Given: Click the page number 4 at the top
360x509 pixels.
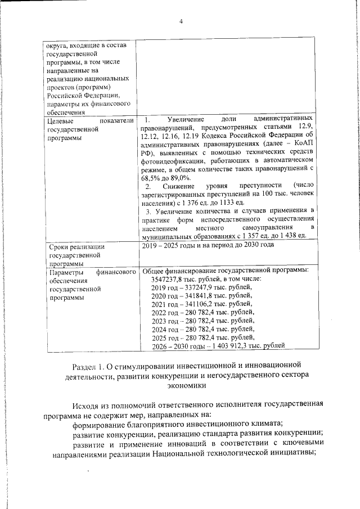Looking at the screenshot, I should (181, 21).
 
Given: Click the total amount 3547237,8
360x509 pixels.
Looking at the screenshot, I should (170, 278).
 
